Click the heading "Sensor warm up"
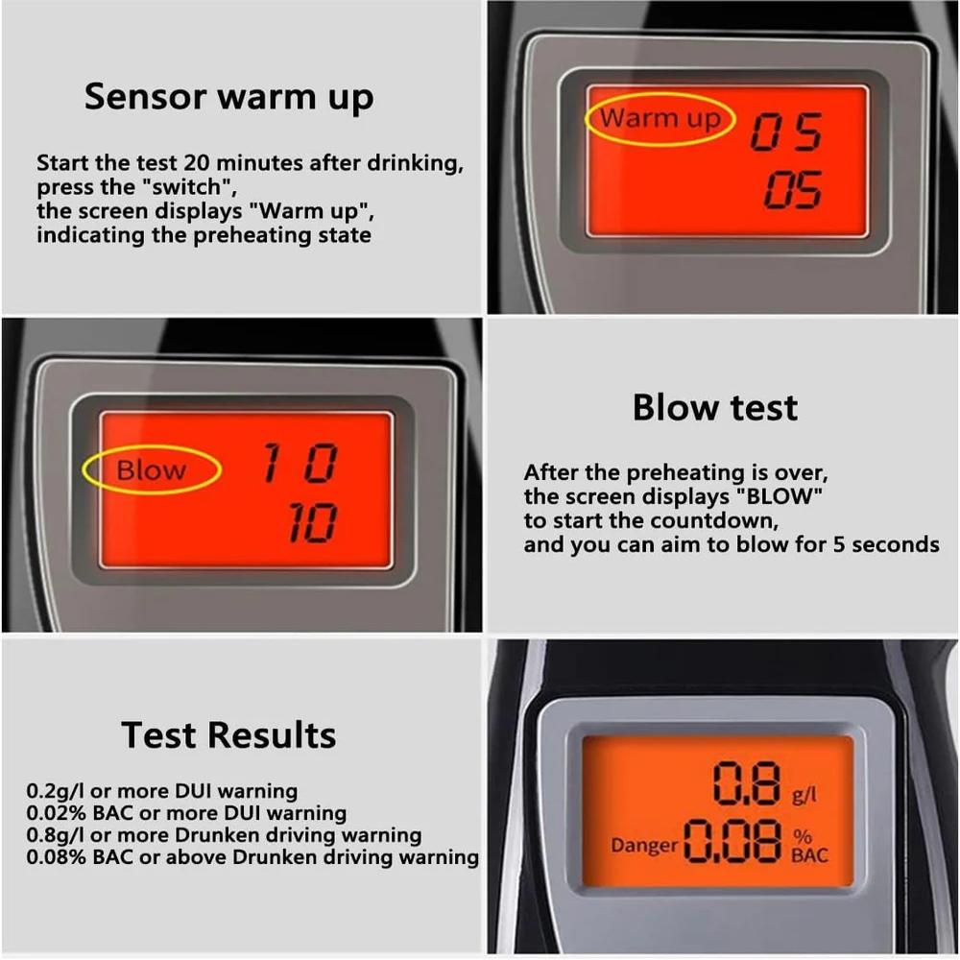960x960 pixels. point(228,98)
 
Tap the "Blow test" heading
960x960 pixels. point(714,408)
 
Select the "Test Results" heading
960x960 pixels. point(228,735)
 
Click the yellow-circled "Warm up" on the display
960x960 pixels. point(660,119)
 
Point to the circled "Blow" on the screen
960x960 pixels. point(152,470)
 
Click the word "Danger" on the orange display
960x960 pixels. point(644,846)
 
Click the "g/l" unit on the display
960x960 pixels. point(804,796)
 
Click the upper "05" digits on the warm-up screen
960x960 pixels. point(785,132)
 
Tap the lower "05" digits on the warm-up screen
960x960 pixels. point(793,192)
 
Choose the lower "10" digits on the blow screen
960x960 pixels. point(313,524)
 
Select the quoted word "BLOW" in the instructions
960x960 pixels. point(780,497)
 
